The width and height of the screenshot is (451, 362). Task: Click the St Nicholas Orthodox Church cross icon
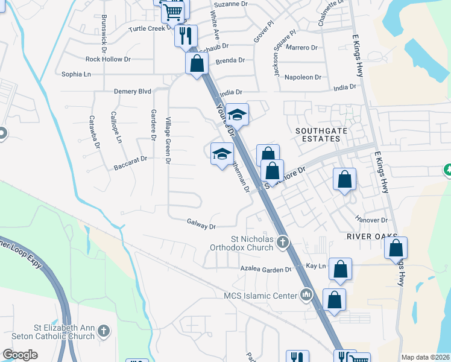point(283,243)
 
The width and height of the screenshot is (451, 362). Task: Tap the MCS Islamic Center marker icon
point(307,295)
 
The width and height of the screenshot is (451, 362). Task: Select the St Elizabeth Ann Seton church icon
point(104,331)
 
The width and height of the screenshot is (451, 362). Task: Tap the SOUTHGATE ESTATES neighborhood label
point(317,134)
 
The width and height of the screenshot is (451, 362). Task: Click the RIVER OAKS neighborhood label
point(372,236)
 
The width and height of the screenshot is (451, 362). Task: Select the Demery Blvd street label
point(133,91)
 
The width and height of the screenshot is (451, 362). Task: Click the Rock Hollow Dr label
point(108,59)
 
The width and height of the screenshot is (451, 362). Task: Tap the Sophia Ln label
point(76,74)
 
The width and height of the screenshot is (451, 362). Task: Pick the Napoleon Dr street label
point(303,77)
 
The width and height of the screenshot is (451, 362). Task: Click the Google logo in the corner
point(20,355)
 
